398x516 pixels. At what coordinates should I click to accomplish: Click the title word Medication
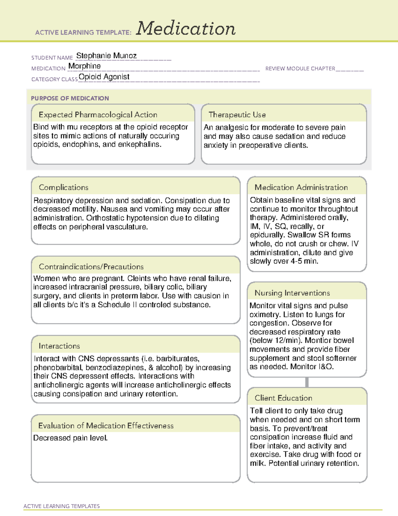(186, 29)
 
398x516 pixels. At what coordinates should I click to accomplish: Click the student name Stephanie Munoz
(106, 55)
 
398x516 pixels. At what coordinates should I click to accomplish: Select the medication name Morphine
(85, 66)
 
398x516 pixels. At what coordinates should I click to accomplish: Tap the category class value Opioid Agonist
(104, 77)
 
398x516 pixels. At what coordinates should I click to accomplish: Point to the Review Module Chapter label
(300, 68)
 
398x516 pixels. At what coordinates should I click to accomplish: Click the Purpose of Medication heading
(70, 98)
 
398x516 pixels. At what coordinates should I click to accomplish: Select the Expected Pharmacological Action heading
(98, 115)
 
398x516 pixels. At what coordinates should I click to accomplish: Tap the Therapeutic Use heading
(237, 115)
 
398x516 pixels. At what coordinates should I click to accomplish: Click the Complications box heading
(64, 187)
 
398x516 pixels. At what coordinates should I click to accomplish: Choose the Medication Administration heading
(301, 187)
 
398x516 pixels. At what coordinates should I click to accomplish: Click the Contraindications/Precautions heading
(91, 266)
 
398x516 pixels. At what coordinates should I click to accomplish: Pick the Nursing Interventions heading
(292, 293)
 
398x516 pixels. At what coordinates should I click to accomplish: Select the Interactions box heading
(59, 346)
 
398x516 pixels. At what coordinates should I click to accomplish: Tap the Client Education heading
(283, 398)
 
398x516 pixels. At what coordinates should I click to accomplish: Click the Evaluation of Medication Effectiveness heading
(106, 426)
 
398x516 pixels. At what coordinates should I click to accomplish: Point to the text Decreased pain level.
(70, 438)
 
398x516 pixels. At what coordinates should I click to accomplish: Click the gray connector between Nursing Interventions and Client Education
(307, 382)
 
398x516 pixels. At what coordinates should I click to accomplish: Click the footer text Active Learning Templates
(62, 506)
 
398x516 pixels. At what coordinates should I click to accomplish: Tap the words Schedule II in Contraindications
(117, 305)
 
